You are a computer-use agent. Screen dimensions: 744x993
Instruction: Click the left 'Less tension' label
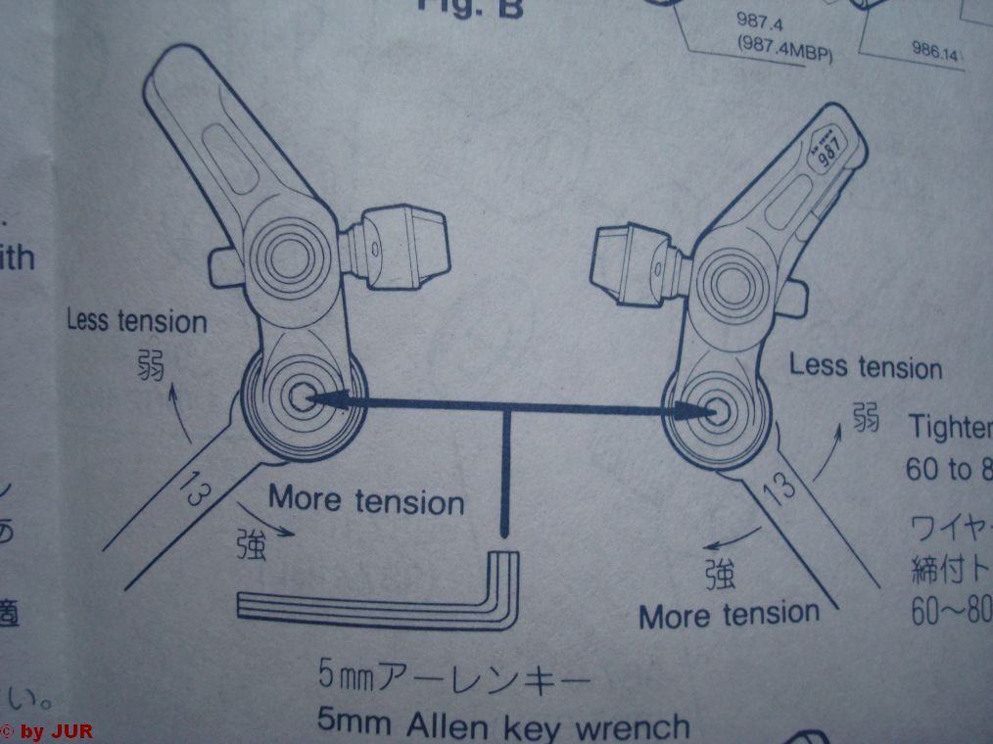click(136, 321)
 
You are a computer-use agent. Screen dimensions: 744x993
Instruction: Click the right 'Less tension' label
click(865, 367)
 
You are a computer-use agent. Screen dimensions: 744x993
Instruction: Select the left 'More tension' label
click(366, 500)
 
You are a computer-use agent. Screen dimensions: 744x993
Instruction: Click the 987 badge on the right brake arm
click(825, 153)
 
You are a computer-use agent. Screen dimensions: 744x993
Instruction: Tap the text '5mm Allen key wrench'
click(503, 725)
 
